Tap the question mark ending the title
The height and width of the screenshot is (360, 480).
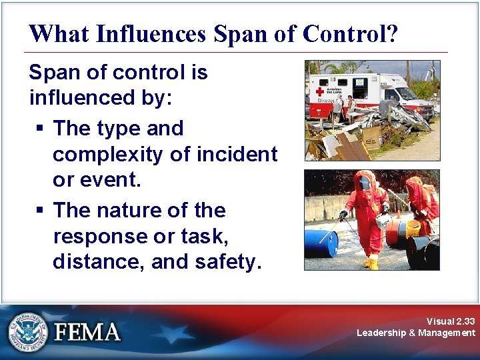(392, 33)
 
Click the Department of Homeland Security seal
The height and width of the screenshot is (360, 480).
(27, 331)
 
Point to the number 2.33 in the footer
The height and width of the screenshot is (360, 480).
(462, 321)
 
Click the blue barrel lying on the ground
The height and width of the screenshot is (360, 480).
(321, 243)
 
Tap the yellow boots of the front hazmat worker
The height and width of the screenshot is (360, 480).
(371, 262)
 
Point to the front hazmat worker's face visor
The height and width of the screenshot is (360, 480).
(363, 183)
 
